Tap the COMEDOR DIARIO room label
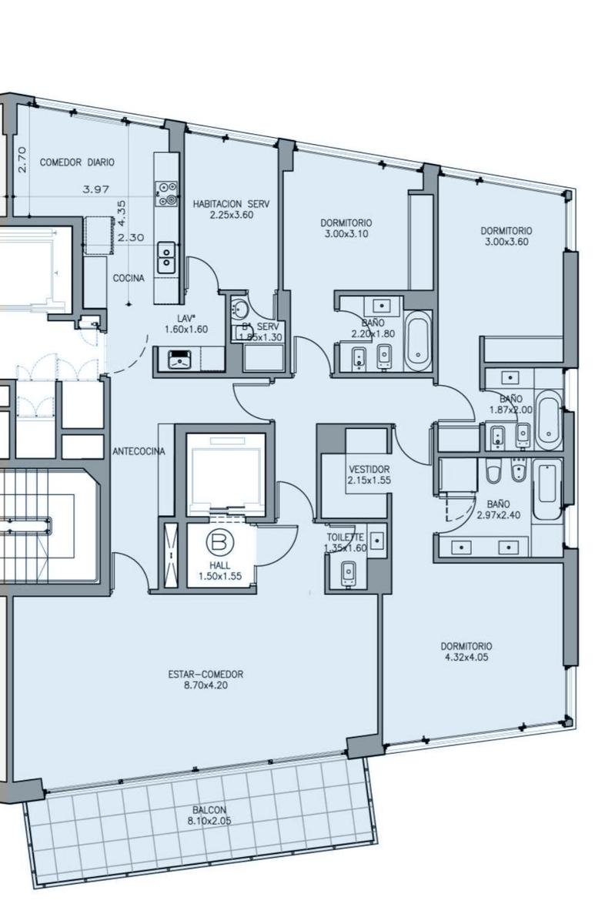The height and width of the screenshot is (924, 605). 77,162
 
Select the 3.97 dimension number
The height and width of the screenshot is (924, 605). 96,189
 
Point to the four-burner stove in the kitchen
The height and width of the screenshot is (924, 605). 166,193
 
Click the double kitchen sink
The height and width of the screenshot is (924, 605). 166,258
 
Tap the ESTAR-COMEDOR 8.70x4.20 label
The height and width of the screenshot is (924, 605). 206,680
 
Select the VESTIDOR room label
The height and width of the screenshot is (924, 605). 369,470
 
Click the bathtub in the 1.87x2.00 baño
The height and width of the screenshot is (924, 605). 548,420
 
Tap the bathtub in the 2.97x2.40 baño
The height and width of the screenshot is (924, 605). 547,489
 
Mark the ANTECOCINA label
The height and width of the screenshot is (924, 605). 139,451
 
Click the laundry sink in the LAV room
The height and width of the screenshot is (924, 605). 180,360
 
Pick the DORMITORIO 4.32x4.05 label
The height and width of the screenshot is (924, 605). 466,651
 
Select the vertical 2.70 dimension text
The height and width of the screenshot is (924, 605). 22,159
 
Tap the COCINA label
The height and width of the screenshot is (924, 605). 129,278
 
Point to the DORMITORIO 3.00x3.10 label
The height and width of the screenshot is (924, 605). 346,228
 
